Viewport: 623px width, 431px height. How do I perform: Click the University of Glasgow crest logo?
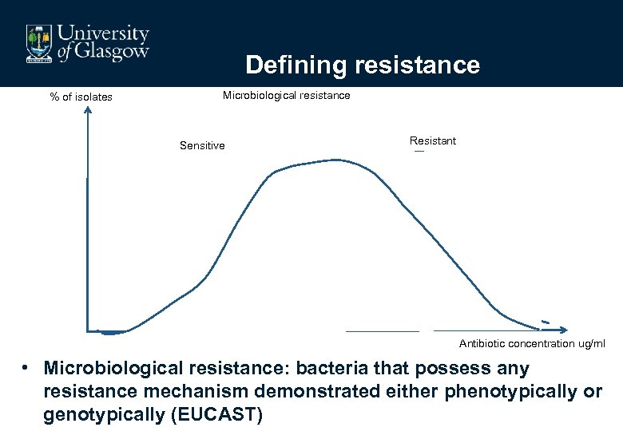pos(38,43)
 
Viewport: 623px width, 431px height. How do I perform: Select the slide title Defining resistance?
pos(363,65)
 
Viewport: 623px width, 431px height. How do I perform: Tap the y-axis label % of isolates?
pos(81,97)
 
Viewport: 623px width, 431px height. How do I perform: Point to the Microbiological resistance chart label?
pos(286,96)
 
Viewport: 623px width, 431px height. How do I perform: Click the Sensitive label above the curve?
pos(202,146)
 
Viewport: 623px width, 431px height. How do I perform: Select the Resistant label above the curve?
pos(432,141)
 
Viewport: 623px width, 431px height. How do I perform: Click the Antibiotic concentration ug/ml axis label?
pos(532,344)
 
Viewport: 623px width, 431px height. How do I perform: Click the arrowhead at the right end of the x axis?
pos(563,329)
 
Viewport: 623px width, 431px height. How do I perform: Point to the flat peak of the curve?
pos(327,161)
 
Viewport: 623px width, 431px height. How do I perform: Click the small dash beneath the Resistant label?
pos(419,153)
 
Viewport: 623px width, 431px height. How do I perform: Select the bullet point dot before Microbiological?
pos(26,369)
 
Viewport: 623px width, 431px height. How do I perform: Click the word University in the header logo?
pos(105,34)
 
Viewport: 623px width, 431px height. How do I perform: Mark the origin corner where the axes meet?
pos(88,330)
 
